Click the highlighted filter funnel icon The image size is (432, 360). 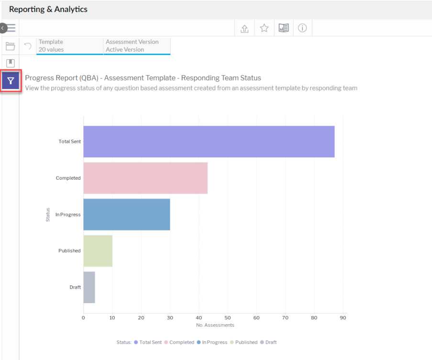tap(11, 81)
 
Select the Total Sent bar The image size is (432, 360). tap(209, 142)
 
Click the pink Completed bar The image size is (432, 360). tap(145, 178)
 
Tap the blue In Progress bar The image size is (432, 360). tap(126, 214)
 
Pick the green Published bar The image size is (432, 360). tap(98, 251)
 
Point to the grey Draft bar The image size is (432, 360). tap(89, 287)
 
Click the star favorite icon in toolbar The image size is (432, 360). tap(264, 28)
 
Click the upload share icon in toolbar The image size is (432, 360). tap(244, 28)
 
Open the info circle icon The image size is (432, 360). tap(302, 28)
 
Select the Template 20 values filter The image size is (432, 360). tap(69, 46)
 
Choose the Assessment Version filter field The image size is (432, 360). tap(137, 46)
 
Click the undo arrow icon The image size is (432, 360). tap(28, 46)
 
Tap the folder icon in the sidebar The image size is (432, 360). tap(10, 46)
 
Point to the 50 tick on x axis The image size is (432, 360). tap(228, 317)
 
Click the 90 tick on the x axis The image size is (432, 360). tap(343, 317)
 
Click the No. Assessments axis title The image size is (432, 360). tap(215, 325)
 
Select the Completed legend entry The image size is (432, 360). tap(181, 342)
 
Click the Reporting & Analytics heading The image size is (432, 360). tap(48, 9)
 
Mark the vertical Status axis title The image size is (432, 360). tap(48, 214)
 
